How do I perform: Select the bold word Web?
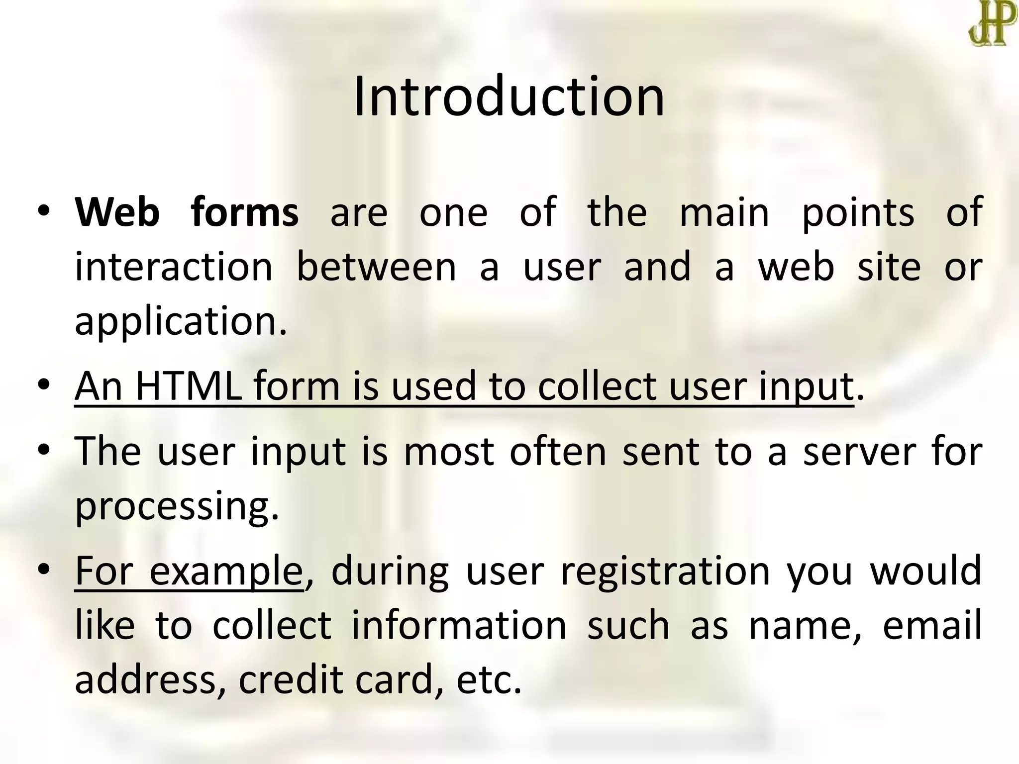click(x=117, y=212)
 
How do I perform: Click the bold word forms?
click(x=244, y=212)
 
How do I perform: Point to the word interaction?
click(x=174, y=267)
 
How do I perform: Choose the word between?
click(x=376, y=267)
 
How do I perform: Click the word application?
click(x=181, y=322)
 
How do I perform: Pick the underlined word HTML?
click(x=189, y=386)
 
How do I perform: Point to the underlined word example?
click(x=226, y=572)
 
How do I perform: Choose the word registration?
click(x=666, y=572)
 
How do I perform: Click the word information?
click(x=459, y=625)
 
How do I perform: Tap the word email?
click(x=932, y=625)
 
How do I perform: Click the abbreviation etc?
click(x=489, y=680)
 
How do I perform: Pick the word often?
click(x=558, y=452)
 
